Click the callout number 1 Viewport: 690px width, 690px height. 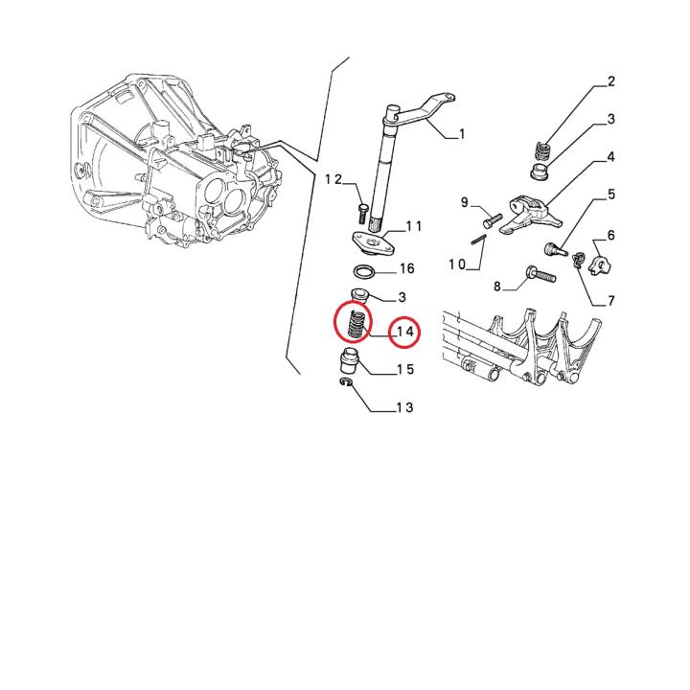pos(461,134)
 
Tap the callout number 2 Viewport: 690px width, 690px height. pos(610,81)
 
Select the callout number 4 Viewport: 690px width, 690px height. pos(610,157)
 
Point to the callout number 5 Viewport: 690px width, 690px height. pos(611,195)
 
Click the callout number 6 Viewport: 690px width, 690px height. pos(610,236)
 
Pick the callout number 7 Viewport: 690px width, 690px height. pos(610,301)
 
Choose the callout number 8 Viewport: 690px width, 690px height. pos(497,287)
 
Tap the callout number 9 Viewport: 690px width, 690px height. pos(465,202)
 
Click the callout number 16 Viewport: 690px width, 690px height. pos(406,268)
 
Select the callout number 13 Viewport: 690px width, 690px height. pos(404,407)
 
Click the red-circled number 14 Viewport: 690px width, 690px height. pos(405,332)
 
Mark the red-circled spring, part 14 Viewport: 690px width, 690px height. pos(355,325)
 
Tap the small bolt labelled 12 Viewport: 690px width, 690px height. pos(362,214)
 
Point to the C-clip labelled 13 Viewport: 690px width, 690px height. pos(346,382)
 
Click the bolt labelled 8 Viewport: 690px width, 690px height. pos(540,274)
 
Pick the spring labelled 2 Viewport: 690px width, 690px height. pos(542,151)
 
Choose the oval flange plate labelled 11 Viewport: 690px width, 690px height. pos(374,243)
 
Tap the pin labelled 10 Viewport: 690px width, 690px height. pos(479,240)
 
